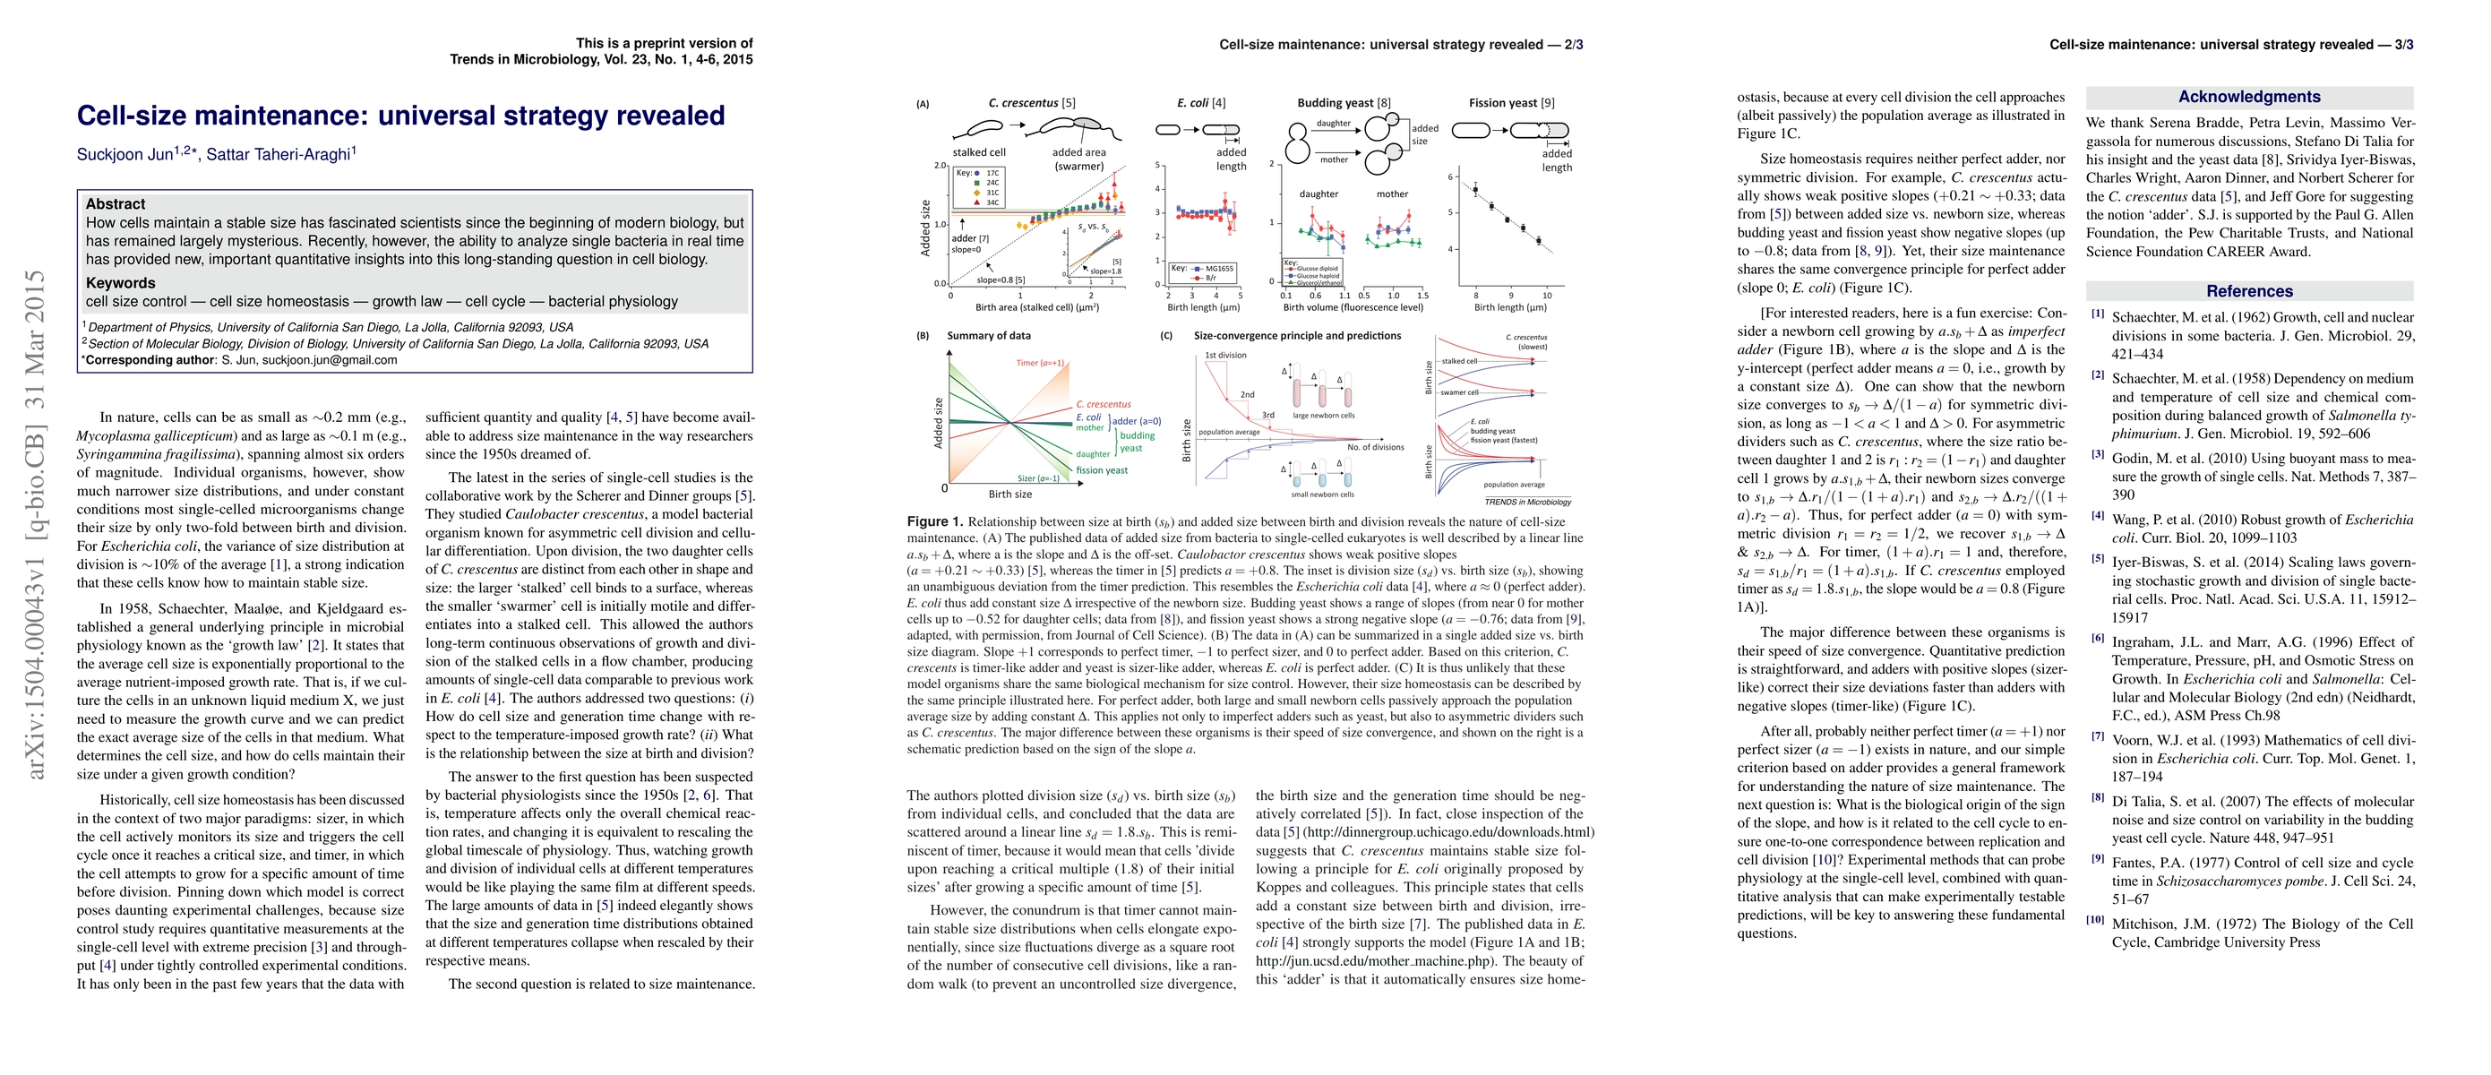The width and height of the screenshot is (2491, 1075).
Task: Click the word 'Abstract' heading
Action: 115,204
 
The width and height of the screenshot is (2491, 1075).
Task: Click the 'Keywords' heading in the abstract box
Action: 120,283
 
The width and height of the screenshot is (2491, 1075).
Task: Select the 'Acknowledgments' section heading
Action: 2248,97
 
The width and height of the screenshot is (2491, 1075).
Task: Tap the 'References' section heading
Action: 2248,291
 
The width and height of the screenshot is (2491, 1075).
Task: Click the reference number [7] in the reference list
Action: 2098,736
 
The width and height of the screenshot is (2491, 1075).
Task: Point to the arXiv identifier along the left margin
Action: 37,522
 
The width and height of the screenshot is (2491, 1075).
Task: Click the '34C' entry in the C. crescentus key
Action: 992,203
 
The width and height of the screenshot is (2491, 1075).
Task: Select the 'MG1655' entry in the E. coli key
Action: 1218,269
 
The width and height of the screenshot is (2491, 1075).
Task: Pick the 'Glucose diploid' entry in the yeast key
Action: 1317,269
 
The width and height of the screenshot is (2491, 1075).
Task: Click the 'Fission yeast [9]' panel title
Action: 1511,102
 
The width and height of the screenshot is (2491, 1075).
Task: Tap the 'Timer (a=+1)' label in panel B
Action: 1040,364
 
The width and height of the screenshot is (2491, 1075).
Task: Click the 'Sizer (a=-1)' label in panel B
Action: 1037,478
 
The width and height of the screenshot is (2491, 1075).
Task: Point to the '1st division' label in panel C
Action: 1225,355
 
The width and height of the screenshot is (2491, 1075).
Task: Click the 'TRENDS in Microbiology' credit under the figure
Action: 1528,502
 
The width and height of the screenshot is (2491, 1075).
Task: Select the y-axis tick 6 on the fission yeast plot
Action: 1450,176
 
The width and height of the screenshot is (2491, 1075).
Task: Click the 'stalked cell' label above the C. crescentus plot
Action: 979,153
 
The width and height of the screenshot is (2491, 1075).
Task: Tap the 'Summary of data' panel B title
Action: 988,335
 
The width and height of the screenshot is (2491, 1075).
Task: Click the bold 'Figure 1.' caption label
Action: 934,521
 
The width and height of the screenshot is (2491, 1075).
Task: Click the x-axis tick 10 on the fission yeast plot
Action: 1546,296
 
